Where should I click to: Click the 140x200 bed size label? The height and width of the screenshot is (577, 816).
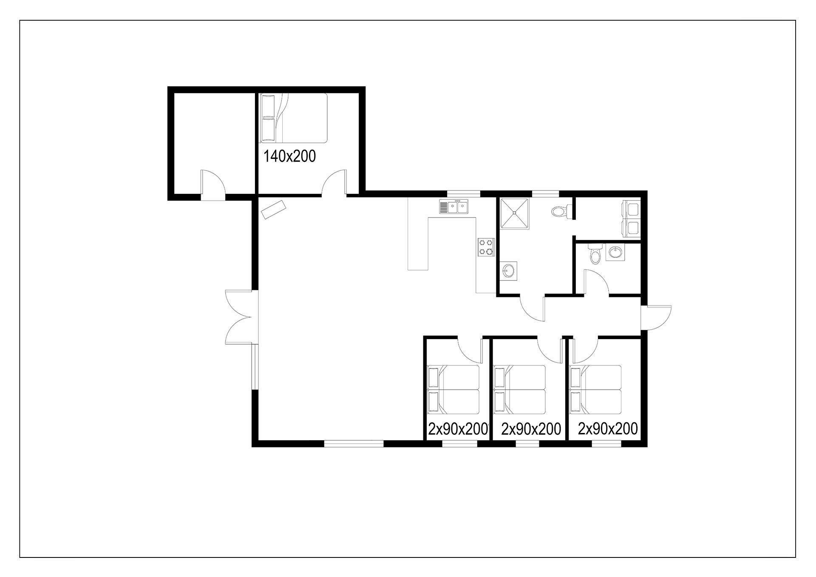[x=290, y=156]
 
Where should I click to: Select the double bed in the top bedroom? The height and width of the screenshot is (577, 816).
[x=294, y=118]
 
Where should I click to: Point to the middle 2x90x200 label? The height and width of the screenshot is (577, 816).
[x=531, y=429]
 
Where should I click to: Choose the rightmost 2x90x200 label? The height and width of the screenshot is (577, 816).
[x=608, y=429]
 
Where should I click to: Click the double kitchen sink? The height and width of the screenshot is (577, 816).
[x=454, y=207]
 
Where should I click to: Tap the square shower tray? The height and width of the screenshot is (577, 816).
[x=515, y=213]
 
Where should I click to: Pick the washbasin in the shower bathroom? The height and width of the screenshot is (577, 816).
[x=509, y=269]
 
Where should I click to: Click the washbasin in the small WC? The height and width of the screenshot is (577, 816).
[x=614, y=253]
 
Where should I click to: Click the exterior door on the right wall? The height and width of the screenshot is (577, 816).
[x=656, y=317]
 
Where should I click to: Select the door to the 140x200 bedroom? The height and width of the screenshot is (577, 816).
[x=334, y=183]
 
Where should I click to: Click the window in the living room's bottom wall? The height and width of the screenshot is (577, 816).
[x=354, y=444]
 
